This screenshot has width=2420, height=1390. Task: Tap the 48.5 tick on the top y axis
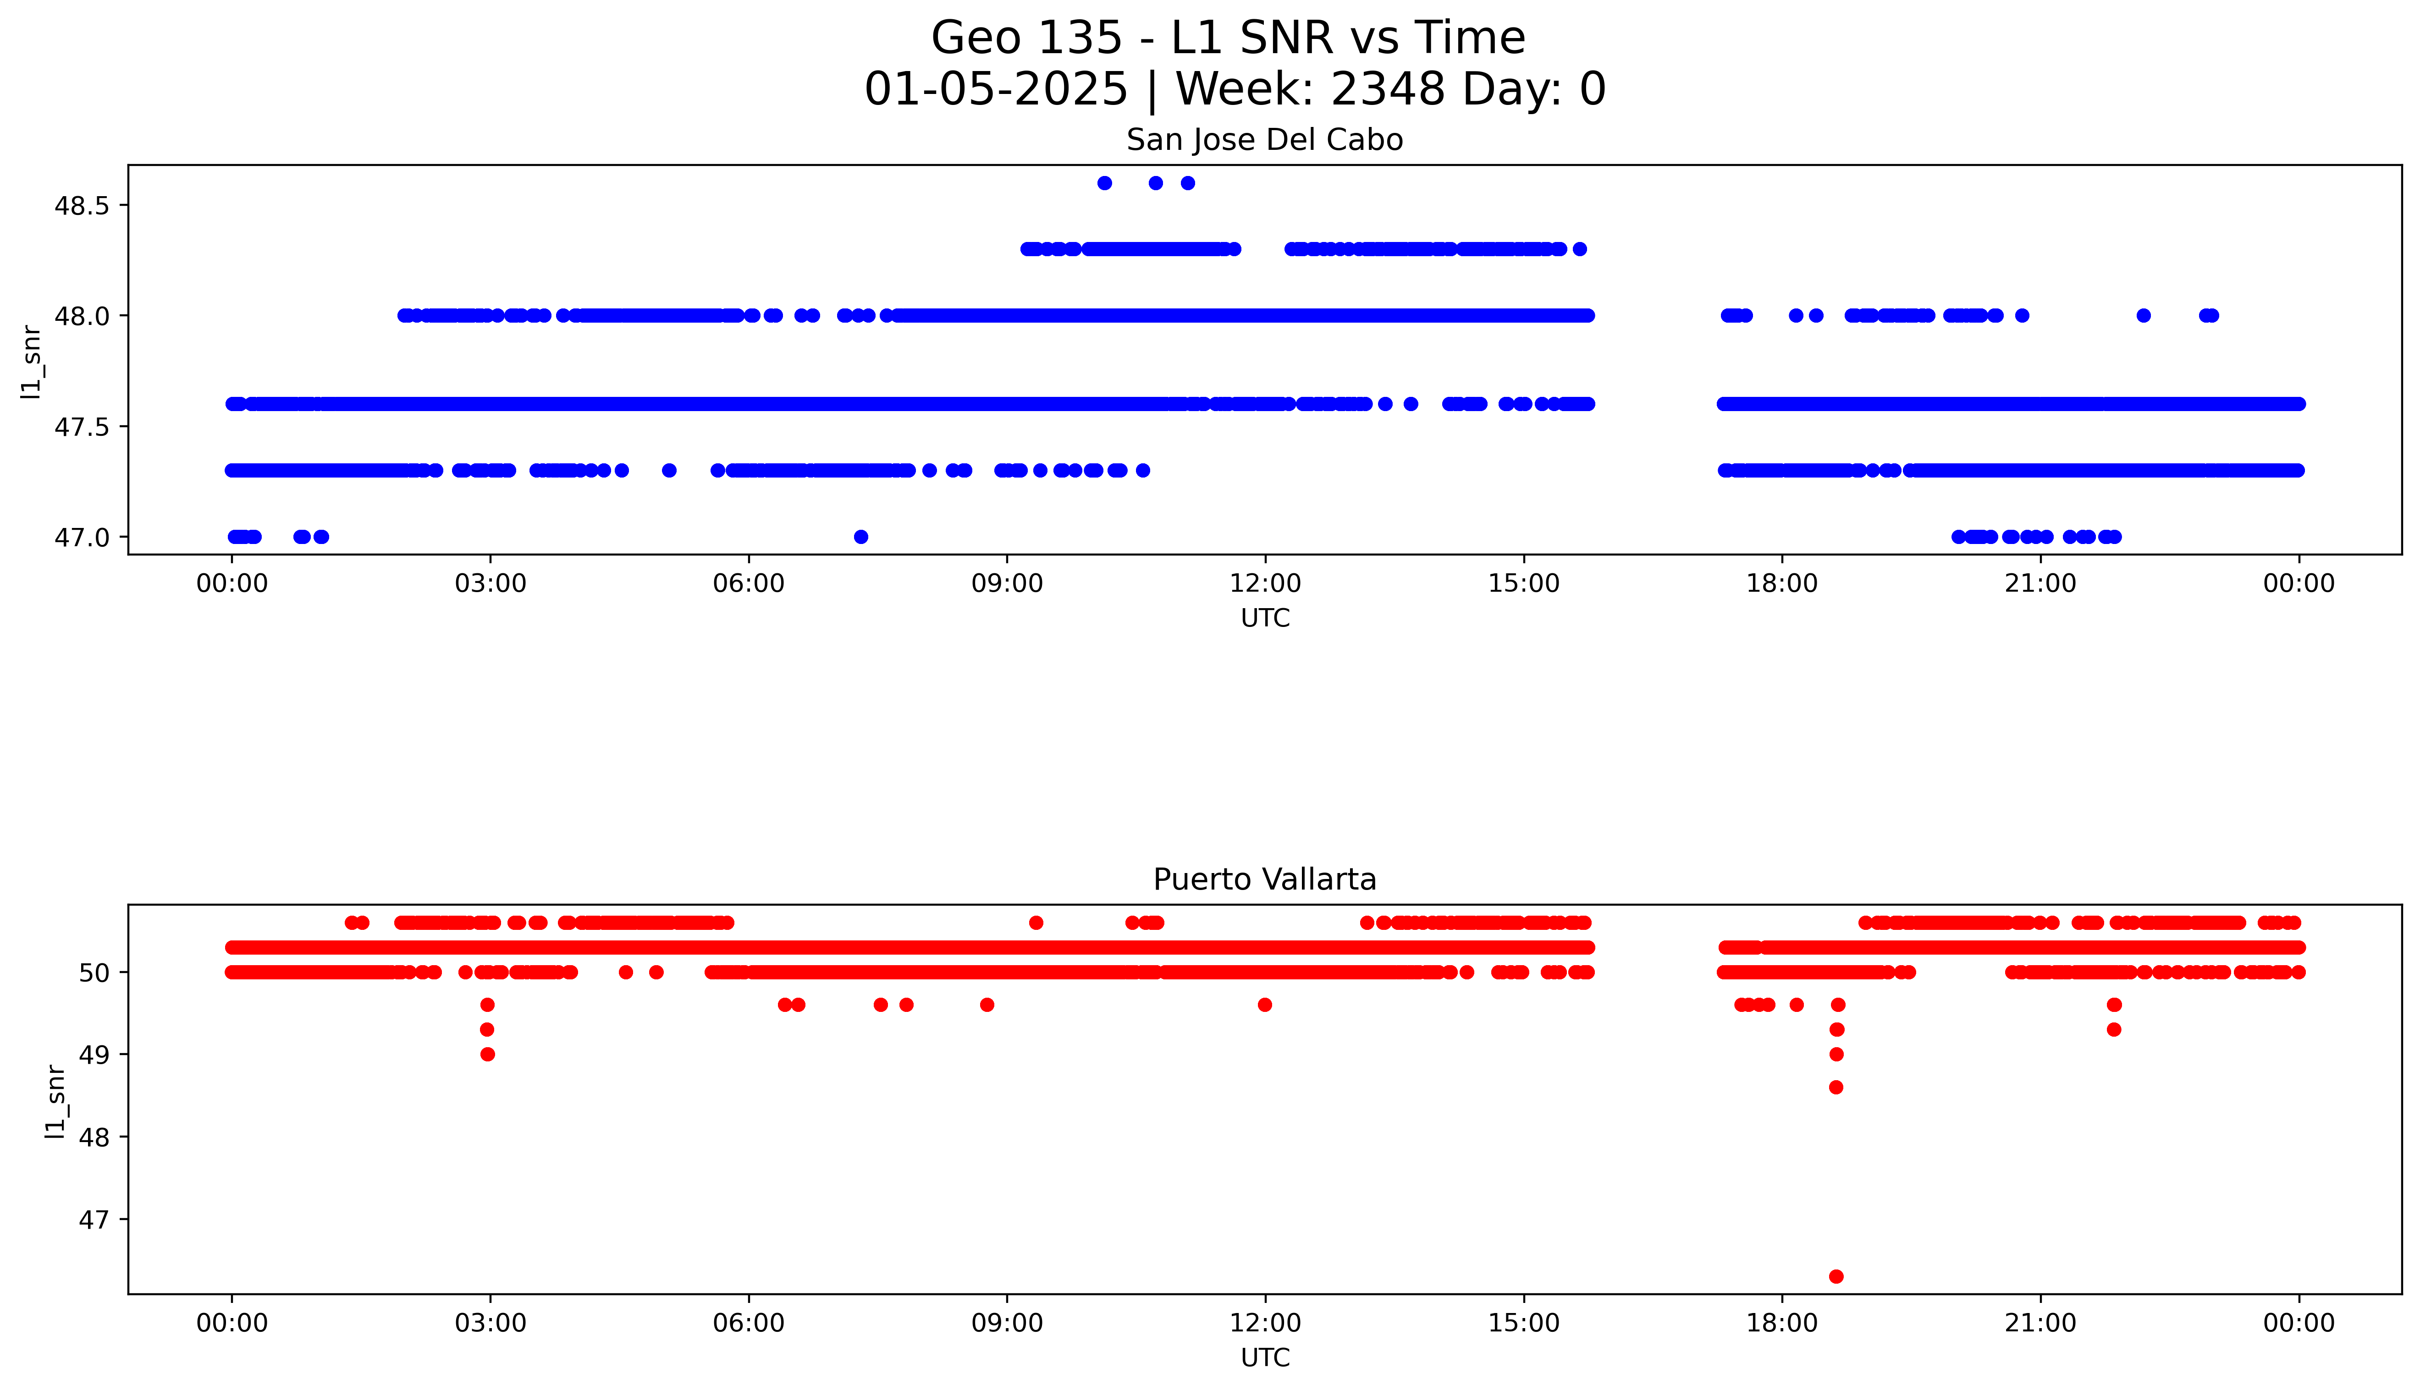click(x=84, y=206)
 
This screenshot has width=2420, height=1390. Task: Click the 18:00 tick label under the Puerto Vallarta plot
click(x=1781, y=1323)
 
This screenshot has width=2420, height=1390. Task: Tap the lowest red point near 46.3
click(x=1836, y=1276)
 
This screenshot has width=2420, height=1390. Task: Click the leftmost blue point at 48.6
click(x=1104, y=183)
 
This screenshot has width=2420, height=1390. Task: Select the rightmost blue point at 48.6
click(x=1188, y=183)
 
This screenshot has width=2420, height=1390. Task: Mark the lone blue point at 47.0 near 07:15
click(x=861, y=537)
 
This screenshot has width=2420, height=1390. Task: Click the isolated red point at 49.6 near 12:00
click(x=1265, y=1004)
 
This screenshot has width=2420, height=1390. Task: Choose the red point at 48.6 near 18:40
click(x=1836, y=1088)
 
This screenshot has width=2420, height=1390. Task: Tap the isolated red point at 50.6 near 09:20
click(x=1036, y=922)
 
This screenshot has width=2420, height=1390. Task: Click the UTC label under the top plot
click(x=1265, y=619)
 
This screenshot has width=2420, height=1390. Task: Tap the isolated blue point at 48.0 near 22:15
click(x=2143, y=315)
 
